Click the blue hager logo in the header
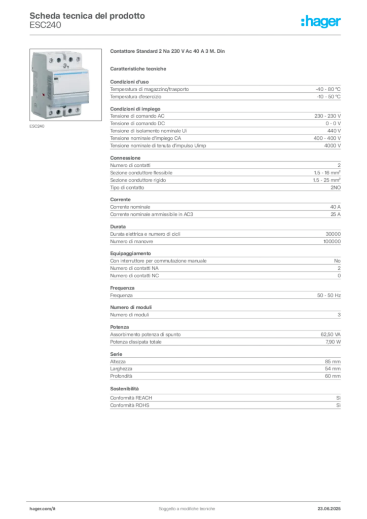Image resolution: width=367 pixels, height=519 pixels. pos(321,22)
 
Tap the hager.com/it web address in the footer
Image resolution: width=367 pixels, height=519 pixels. pos(43,507)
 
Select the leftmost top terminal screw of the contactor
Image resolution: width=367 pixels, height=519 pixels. pos(50,60)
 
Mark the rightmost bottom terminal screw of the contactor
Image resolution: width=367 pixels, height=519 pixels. pos(77,110)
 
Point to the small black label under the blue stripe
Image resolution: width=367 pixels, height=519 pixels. pos(56,79)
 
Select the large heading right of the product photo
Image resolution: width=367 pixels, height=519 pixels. pos(168,52)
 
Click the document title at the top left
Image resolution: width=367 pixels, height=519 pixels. pos(86,16)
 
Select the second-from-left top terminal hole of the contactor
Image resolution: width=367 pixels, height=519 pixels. pos(59,60)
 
